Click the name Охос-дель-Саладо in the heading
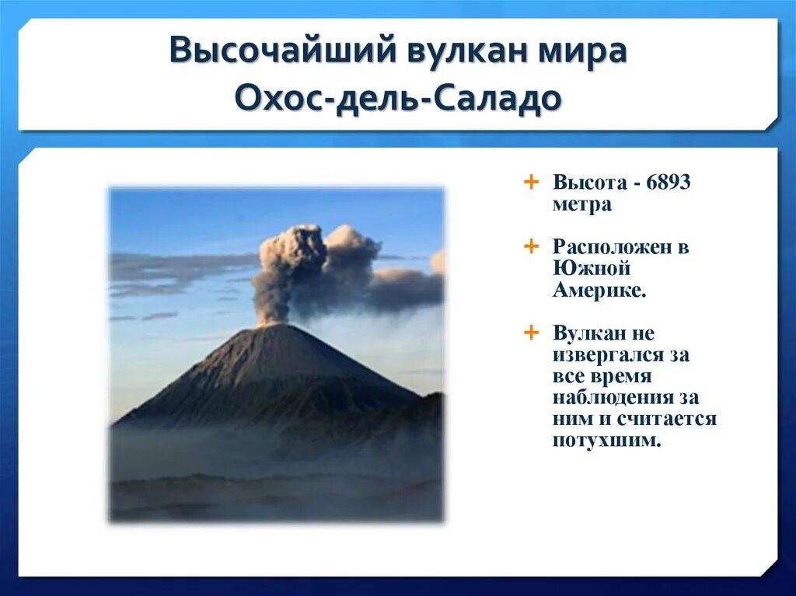tap(398, 97)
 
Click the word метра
tap(581, 204)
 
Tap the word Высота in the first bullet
tap(590, 182)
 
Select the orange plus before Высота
tap(531, 181)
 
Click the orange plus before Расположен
tap(531, 246)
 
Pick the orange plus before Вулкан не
tap(531, 333)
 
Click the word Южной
tap(592, 267)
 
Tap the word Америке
tap(599, 290)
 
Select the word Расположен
tap(613, 247)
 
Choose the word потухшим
tap(607, 440)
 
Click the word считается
tap(666, 419)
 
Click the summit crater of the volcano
tap(274, 326)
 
